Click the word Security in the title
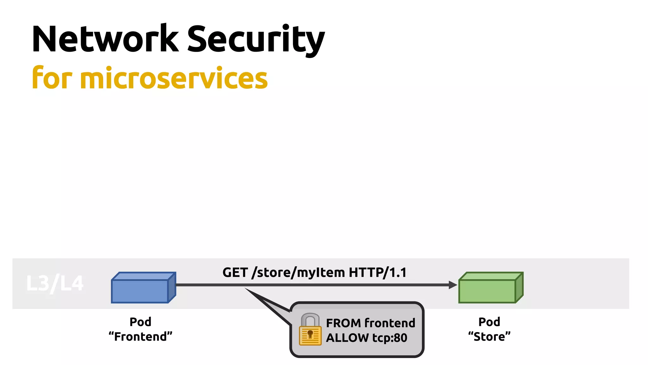[256, 39]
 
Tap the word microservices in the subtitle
[174, 79]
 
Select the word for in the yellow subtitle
[52, 78]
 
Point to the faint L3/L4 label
[55, 283]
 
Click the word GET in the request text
[235, 272]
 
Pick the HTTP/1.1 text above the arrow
[377, 272]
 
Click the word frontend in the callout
[390, 323]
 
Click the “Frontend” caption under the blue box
[140, 336]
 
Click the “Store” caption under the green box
[489, 336]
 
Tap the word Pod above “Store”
[489, 322]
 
